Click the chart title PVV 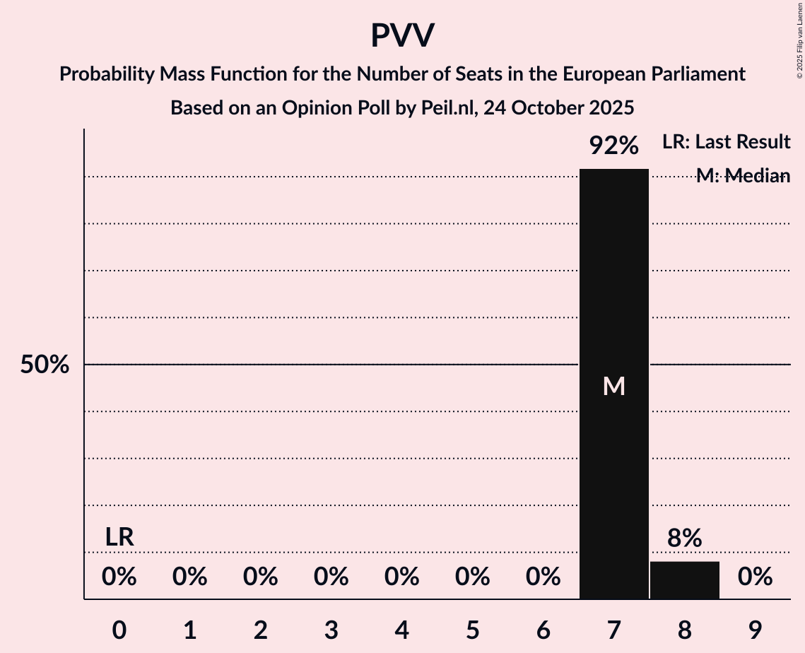(402, 36)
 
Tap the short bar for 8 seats (684, 580)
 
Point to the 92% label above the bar (613, 146)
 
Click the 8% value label (684, 539)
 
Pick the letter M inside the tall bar (613, 386)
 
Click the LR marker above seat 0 (119, 537)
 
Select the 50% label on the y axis (45, 365)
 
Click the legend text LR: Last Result (726, 142)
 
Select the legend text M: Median (742, 176)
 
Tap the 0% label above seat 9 (755, 577)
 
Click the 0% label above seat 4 (401, 577)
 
